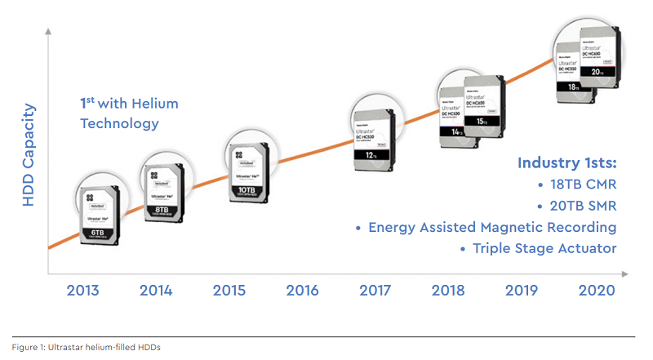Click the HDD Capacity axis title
coord(29,154)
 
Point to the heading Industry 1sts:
coord(566,163)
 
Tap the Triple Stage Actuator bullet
coord(539,248)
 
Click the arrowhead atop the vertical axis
coord(49,32)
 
